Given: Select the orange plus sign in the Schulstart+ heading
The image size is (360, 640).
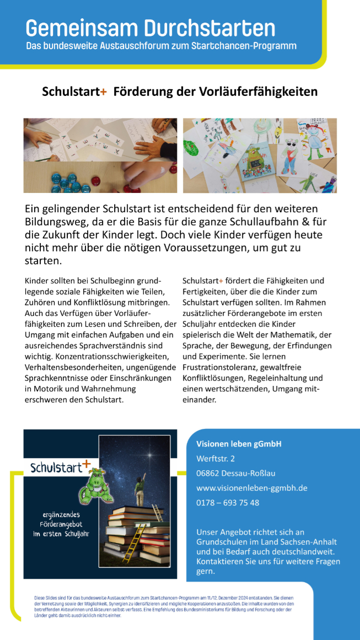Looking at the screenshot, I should [104, 92].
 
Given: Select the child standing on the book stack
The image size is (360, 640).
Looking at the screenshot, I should [139, 488].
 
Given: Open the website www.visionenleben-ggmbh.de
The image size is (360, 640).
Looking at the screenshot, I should [251, 488].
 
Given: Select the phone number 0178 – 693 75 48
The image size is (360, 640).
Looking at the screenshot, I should [227, 503].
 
